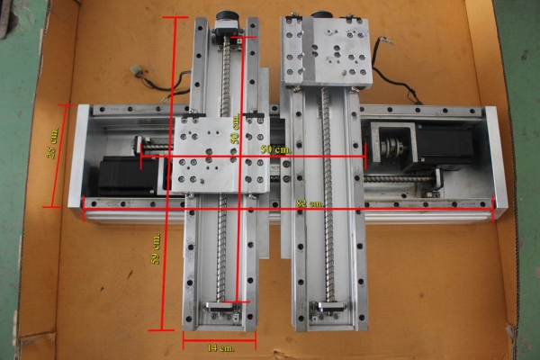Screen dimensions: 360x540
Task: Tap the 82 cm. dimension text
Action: [309, 204]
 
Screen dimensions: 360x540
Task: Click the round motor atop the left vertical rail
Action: [229, 24]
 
